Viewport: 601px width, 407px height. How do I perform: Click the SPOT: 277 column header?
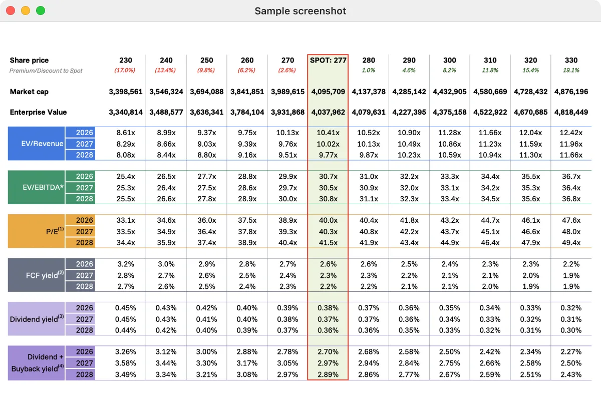click(x=328, y=60)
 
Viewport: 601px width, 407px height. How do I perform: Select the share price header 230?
click(x=126, y=60)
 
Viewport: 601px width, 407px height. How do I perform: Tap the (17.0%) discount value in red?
click(x=126, y=71)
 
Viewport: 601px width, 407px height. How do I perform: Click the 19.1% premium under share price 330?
click(x=571, y=71)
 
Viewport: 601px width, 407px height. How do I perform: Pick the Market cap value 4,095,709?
click(x=328, y=92)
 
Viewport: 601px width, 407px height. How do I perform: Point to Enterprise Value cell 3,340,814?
click(x=126, y=112)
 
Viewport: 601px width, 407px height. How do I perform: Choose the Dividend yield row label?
click(x=37, y=319)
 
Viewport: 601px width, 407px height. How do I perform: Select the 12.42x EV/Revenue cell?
click(x=571, y=133)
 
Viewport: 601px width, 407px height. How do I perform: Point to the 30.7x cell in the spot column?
click(x=328, y=176)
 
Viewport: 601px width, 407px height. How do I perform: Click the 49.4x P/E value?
click(x=571, y=243)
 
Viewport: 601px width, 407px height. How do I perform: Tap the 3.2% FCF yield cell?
click(x=126, y=264)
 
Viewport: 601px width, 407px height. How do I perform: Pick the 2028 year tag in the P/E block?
click(x=84, y=243)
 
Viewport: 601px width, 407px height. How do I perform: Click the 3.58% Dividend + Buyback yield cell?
click(x=126, y=363)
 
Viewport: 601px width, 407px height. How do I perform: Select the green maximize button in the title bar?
click(x=41, y=11)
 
